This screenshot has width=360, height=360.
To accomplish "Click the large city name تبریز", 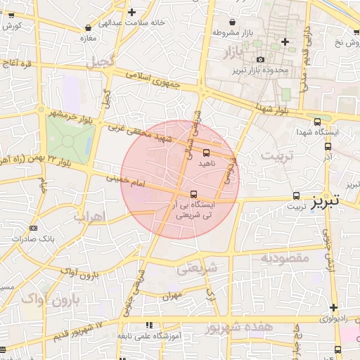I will pyautogui.click(x=326, y=200).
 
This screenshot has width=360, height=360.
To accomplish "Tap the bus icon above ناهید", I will pyautogui.click(x=206, y=152).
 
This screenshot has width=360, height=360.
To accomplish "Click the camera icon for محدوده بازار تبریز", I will pyautogui.click(x=261, y=60).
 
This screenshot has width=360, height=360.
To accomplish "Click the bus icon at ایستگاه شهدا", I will pyautogui.click(x=318, y=122).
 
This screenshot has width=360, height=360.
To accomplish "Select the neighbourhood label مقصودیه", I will pyautogui.click(x=285, y=258).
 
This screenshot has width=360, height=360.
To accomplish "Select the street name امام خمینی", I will pyautogui.click(x=124, y=181).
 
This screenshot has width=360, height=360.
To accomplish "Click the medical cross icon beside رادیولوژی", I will pyautogui.click(x=333, y=307).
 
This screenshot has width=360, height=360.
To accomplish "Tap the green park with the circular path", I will pyautogui.click(x=68, y=140).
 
